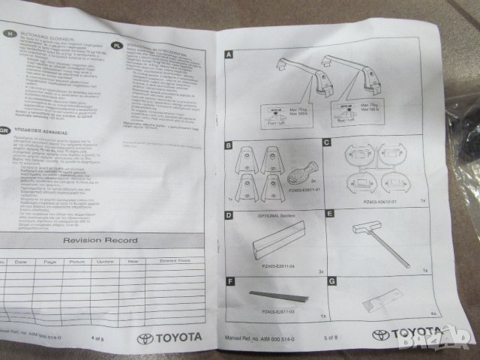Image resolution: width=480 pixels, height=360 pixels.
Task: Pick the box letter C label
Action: pyautogui.click(x=328, y=141)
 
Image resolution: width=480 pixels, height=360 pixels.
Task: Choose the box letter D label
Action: pyautogui.click(x=229, y=214)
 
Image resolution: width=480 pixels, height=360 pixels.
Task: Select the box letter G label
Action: pyautogui.click(x=331, y=283)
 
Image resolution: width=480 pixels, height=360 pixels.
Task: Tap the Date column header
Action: pyautogui.click(x=20, y=261)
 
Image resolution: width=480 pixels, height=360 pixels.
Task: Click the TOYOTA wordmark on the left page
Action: pyautogui.click(x=170, y=338)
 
